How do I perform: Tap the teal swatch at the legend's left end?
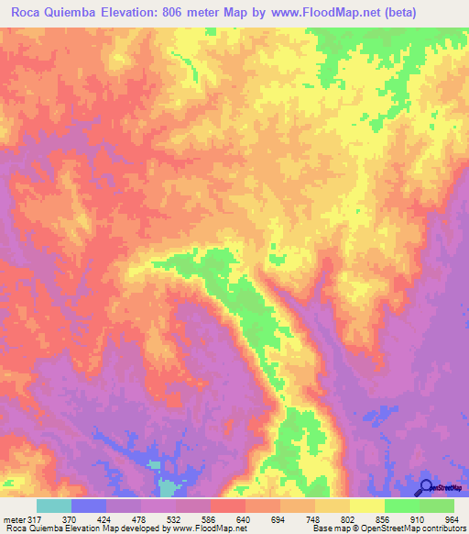[x=54, y=506]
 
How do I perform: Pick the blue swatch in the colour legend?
[x=89, y=506]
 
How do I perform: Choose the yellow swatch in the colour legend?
[x=366, y=506]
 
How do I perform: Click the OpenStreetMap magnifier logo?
[x=426, y=487]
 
